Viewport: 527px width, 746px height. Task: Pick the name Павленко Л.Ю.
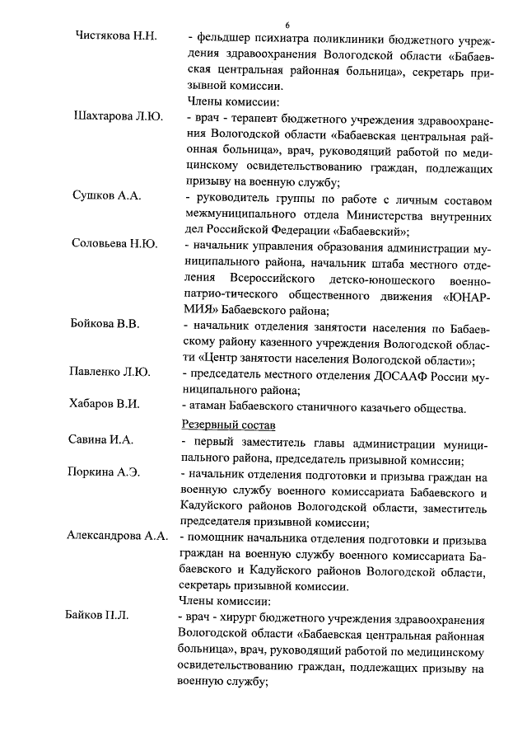point(110,372)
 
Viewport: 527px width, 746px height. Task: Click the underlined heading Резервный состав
point(227,425)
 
